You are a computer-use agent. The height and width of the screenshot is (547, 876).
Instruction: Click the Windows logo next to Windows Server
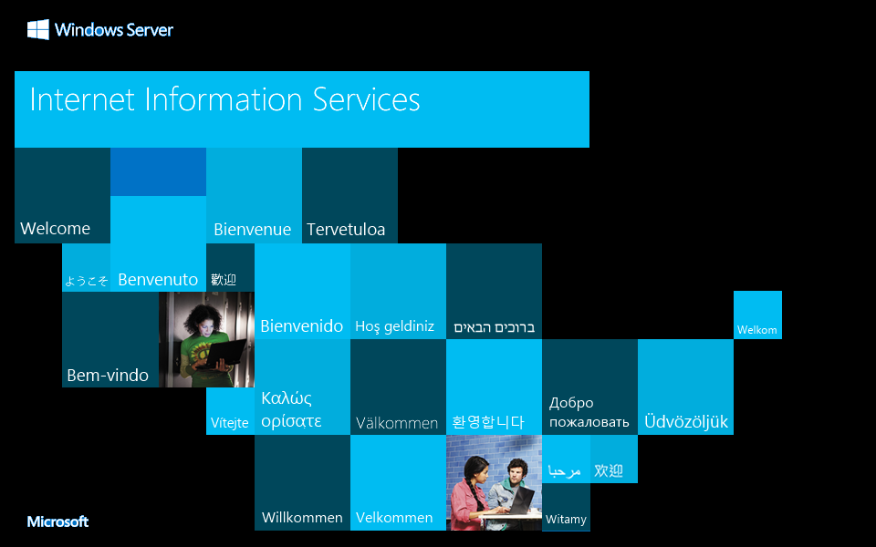pos(37,30)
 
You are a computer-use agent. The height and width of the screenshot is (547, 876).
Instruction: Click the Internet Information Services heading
pos(224,99)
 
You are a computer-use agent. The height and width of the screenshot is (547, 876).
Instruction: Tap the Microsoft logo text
pos(57,521)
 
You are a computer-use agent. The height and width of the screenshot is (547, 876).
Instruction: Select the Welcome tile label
pos(55,229)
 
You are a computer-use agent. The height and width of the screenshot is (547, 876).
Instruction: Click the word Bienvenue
pos(252,230)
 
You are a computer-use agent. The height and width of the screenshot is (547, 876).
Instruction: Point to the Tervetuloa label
pos(346,230)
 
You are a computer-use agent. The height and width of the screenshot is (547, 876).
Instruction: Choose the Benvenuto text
pos(158,280)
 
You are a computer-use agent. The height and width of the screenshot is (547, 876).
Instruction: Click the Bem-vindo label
pos(108,376)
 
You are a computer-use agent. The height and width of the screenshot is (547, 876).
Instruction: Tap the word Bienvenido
pos(302,326)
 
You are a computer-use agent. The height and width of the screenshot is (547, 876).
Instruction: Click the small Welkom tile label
pos(757,330)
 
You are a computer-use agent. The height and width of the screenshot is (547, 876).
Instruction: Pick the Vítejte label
pos(230,423)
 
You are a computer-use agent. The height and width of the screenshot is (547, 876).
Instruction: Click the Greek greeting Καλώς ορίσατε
pos(291,409)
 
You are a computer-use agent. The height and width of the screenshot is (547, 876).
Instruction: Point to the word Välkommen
pos(397,423)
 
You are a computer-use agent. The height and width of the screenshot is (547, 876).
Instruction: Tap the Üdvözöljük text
pos(686,422)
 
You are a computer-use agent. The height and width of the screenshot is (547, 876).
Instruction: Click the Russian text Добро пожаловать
pos(589,412)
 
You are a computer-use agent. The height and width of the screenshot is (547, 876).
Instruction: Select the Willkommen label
pos(302,518)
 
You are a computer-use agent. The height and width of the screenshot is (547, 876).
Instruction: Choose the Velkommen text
pos(394,518)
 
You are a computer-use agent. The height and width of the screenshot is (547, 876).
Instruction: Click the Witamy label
pos(566,520)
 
